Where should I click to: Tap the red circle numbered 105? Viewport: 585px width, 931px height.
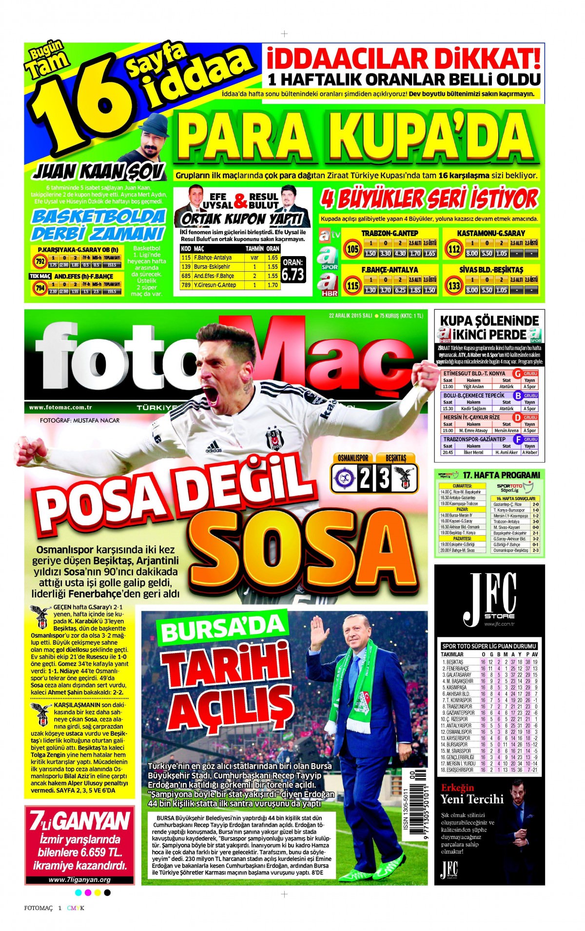click(352, 249)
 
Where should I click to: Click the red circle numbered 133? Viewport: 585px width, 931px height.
click(454, 286)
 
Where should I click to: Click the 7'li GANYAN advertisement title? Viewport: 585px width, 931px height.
click(79, 821)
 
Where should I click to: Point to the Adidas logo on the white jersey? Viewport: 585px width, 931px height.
click(214, 447)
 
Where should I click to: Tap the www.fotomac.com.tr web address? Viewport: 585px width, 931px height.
click(60, 407)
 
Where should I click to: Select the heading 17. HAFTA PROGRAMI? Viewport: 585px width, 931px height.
click(501, 475)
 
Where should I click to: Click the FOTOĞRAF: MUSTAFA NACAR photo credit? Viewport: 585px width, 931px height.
click(79, 420)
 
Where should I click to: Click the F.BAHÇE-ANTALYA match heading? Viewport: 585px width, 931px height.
click(390, 269)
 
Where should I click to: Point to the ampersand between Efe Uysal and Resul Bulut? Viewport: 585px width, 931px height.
click(240, 201)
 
